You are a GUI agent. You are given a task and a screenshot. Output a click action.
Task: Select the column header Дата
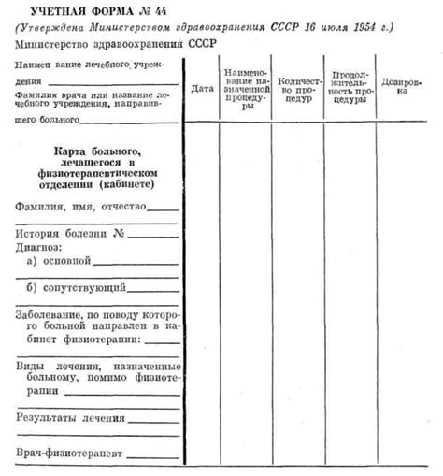(202, 89)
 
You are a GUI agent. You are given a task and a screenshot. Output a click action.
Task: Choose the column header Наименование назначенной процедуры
(246, 89)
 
